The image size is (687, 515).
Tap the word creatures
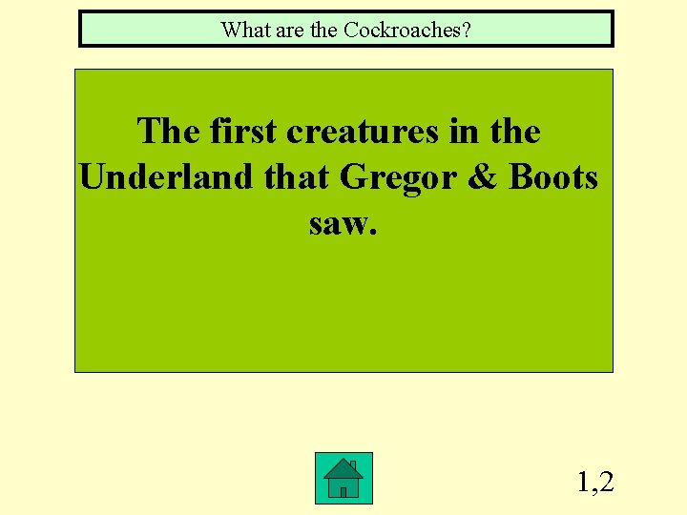coord(367,131)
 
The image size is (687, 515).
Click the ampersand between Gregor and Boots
coord(481,176)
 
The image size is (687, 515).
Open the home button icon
coord(343,479)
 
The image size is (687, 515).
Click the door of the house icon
coord(343,490)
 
